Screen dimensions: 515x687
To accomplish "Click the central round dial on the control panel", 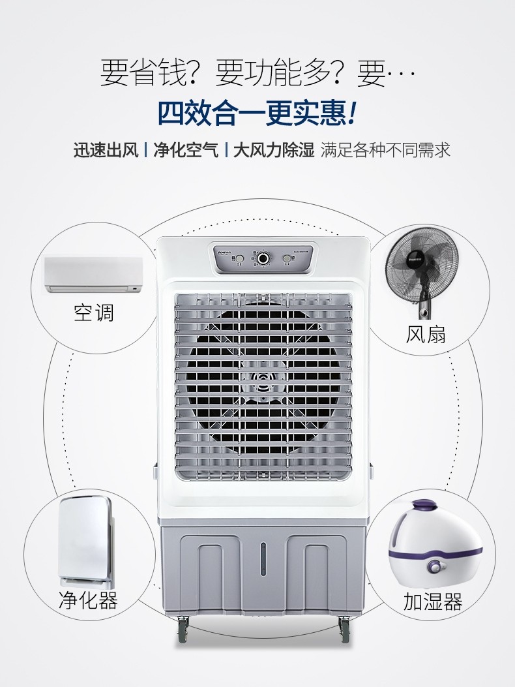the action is click(x=263, y=258).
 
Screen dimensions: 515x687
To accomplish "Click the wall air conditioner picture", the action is click(x=93, y=274).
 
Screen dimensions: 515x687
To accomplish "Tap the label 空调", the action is click(x=93, y=313).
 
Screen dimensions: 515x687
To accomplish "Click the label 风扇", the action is click(x=426, y=334).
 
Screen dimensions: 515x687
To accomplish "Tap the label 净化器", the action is click(x=88, y=600).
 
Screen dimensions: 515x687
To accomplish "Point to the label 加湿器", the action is click(x=433, y=601).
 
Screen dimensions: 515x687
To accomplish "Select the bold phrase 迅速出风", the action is click(x=106, y=151).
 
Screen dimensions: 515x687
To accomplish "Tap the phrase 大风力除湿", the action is click(x=273, y=151).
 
